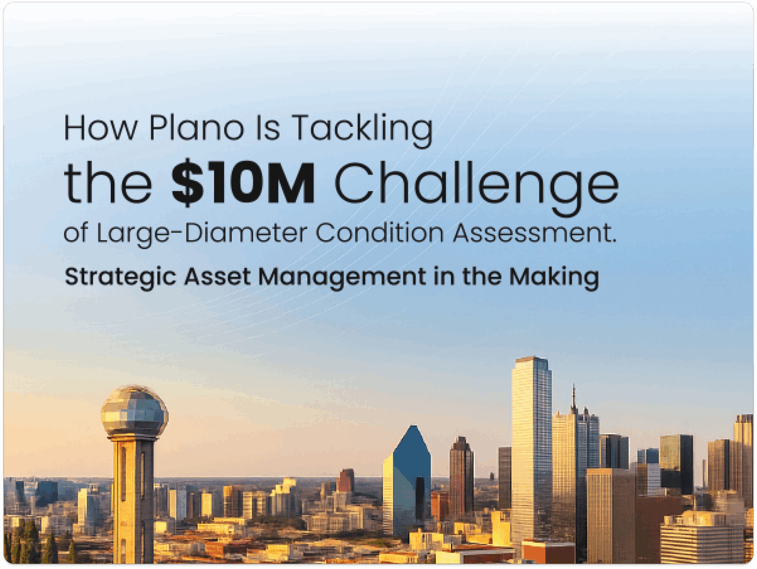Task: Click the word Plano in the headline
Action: point(196,128)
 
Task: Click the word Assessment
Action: point(535,232)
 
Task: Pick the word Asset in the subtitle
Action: point(217,276)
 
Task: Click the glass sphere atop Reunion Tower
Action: point(135,411)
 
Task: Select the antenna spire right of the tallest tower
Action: point(574,399)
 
